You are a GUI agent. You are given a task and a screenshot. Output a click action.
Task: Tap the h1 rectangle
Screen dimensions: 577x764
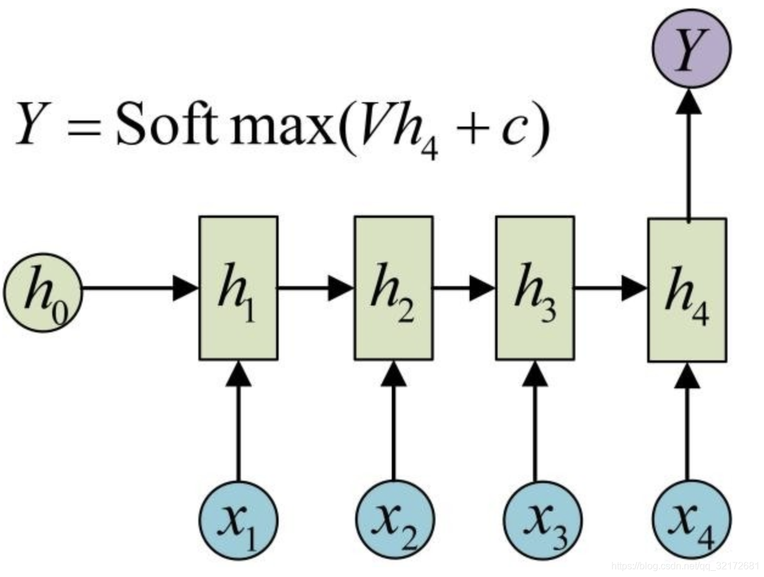(238, 288)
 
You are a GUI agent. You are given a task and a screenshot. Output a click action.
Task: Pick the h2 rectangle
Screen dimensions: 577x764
(394, 288)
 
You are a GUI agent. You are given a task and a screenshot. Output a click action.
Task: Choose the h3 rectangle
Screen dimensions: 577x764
(535, 288)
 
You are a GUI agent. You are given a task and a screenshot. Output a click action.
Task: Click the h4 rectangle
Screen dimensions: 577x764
(687, 290)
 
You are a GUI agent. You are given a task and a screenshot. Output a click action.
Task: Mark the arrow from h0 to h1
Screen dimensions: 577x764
(140, 288)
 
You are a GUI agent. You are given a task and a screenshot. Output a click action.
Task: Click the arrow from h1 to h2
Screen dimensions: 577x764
(316, 288)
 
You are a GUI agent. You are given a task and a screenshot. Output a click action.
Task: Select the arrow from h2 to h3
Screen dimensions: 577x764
(464, 288)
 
